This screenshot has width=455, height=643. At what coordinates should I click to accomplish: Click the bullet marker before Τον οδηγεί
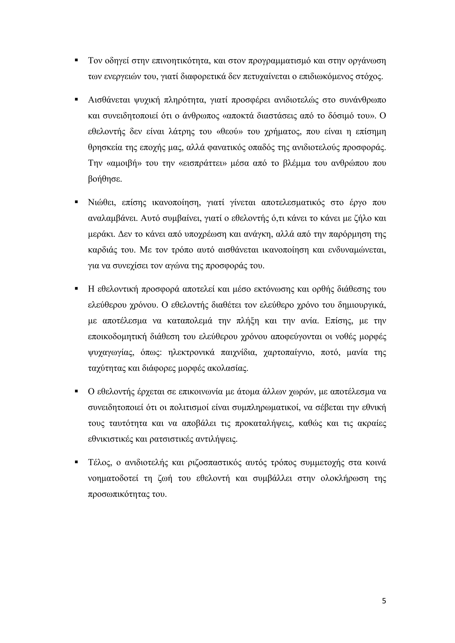pos(76,60)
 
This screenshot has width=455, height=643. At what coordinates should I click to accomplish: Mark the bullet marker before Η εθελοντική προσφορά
pos(76,288)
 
